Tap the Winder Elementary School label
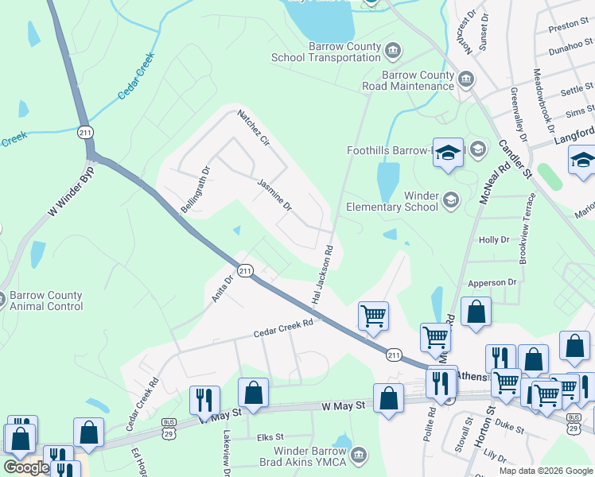pyautogui.click(x=388, y=202)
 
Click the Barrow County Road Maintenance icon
pyautogui.click(x=466, y=79)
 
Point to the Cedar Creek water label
pyautogui.click(x=135, y=76)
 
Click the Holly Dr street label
pyautogui.click(x=493, y=239)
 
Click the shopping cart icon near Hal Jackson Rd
pyautogui.click(x=373, y=316)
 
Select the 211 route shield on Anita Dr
pyautogui.click(x=245, y=271)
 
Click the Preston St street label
pyautogui.click(x=568, y=25)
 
